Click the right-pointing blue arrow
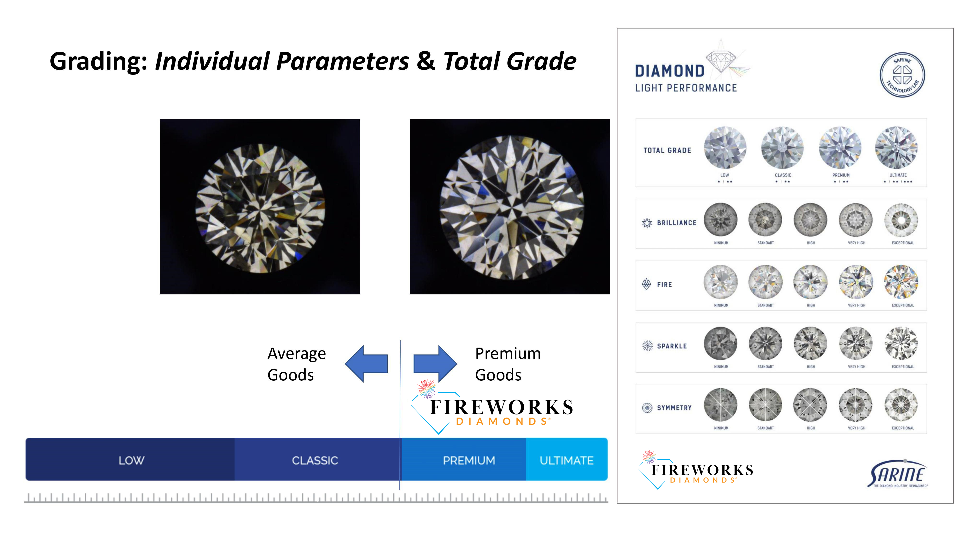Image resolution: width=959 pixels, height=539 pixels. click(x=435, y=363)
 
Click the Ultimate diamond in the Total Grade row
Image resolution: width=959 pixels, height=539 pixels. click(x=896, y=148)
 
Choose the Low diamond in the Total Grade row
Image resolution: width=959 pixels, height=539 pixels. click(x=725, y=148)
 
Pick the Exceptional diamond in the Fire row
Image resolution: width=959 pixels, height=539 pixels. click(x=901, y=281)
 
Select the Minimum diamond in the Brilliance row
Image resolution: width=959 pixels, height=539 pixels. click(x=721, y=219)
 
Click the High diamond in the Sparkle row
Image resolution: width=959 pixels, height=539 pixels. click(x=810, y=343)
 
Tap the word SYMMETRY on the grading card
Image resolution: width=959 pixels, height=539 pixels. click(x=674, y=408)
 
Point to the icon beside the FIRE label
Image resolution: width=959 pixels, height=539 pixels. click(x=647, y=284)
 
